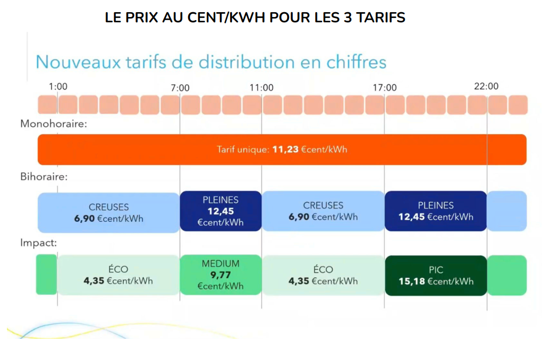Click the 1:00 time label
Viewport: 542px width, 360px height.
click(58, 87)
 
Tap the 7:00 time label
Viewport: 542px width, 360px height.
click(180, 88)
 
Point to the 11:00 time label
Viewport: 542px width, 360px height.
click(261, 88)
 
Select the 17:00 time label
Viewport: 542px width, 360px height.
click(384, 88)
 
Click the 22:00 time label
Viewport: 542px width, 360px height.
click(486, 86)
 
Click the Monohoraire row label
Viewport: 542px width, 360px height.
click(54, 124)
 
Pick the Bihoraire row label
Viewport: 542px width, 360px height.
click(44, 176)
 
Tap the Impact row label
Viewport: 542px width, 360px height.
click(39, 243)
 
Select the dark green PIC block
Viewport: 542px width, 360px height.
click(436, 275)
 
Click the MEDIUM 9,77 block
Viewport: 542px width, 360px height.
click(221, 275)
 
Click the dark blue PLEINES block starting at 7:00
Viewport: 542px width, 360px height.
click(221, 211)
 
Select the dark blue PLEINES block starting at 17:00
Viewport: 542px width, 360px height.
click(436, 211)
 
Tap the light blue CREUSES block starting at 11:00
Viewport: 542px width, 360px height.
click(323, 211)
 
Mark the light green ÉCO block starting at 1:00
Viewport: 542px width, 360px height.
click(118, 275)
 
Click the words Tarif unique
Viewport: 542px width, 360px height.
click(243, 150)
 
